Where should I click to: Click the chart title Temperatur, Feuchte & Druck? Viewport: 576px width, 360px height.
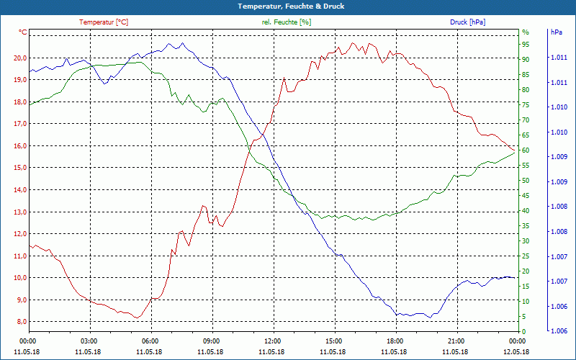point(288,6)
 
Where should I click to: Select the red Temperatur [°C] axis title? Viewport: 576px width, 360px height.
point(104,22)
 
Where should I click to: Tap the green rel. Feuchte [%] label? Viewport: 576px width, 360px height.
point(287,22)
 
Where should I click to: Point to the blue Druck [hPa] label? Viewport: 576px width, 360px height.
point(467,22)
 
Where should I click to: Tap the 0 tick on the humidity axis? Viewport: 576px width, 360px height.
point(523,331)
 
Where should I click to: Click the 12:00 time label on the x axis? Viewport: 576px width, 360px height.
point(273,341)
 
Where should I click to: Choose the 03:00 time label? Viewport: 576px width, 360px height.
point(89,341)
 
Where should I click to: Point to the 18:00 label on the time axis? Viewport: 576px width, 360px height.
point(395,341)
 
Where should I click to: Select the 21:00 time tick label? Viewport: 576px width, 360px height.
point(456,341)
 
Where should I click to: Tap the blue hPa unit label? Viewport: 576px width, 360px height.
point(557,32)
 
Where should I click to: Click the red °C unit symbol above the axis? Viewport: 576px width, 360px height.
point(23,32)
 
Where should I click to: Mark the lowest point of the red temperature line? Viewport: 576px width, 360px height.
point(137,318)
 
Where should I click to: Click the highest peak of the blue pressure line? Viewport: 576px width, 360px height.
point(171,43)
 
